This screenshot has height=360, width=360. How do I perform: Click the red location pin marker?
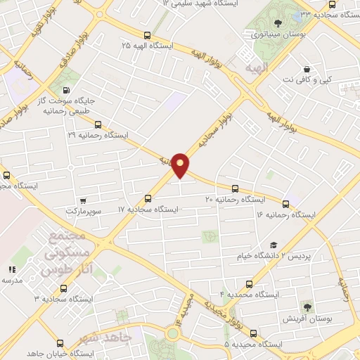[181, 165]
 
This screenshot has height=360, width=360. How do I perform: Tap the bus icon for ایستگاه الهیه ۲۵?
[146, 35]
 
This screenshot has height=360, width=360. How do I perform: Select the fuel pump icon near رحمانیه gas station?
[67, 91]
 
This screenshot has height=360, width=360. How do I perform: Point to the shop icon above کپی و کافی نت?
[307, 70]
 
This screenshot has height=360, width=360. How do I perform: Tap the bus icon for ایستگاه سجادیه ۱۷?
[148, 198]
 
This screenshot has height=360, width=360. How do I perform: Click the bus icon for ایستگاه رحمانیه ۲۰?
[235, 188]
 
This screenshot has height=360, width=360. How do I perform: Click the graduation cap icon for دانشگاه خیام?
[273, 245]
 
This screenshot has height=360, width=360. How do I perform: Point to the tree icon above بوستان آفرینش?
[307, 307]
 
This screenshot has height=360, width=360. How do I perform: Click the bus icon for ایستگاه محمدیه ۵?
[253, 333]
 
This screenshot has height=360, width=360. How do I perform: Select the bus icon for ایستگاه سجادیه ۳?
[64, 288]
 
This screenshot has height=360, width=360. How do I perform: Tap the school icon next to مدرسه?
[12, 269]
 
